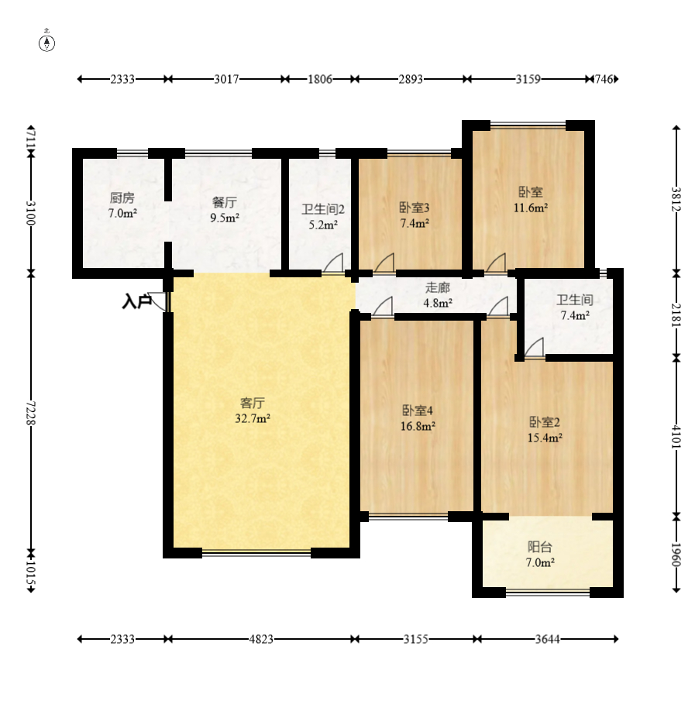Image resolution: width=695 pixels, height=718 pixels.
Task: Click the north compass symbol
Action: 46,42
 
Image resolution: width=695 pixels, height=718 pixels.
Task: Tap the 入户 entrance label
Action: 136,302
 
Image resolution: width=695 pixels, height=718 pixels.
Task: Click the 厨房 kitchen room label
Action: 122,198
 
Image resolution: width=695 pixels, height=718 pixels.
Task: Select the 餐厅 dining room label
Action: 225,202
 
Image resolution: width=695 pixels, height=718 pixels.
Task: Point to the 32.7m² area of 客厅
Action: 253,418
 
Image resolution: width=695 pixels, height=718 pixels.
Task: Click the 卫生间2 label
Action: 323,209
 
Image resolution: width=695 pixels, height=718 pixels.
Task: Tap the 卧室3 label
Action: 415,208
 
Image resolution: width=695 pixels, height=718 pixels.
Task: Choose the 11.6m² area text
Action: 531,208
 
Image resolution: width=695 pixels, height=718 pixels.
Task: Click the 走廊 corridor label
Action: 438,287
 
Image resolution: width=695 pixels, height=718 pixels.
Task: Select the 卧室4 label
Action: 418,411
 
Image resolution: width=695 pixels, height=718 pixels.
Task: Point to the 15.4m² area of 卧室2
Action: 545,438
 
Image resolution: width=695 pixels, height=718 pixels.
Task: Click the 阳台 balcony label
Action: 540,547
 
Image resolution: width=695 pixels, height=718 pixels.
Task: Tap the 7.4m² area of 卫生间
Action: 575,315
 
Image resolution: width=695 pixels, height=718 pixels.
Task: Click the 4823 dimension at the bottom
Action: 261,639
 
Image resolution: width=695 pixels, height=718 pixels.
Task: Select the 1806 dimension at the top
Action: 320,79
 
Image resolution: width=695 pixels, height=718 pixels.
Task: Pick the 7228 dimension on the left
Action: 30,413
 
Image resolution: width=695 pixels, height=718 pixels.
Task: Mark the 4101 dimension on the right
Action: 676,437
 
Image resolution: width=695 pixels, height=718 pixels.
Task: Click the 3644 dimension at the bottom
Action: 548,639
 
